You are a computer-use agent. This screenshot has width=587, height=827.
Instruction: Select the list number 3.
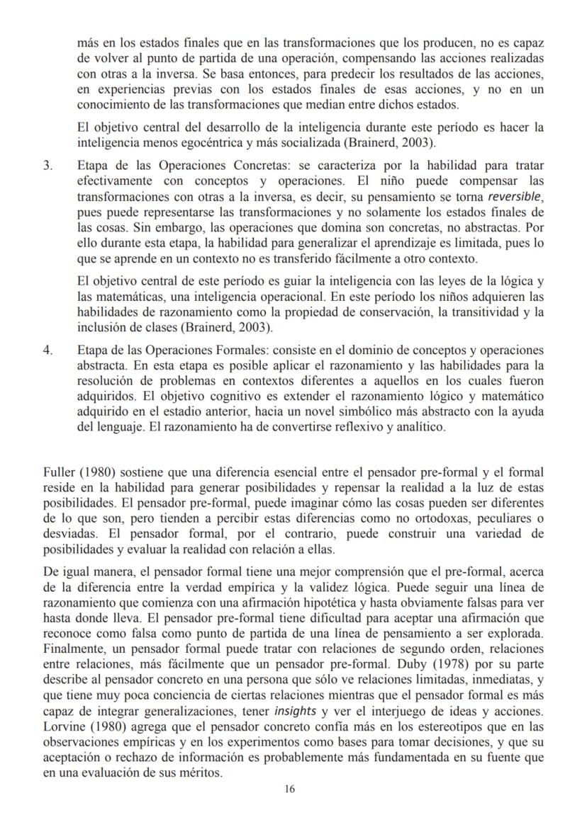[47, 166]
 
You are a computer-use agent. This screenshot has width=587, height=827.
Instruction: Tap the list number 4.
[47, 350]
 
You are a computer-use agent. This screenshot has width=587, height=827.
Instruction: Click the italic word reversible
[516, 196]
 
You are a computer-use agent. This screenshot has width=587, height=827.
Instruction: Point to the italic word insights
[296, 711]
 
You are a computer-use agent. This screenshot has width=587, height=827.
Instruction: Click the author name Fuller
[58, 472]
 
